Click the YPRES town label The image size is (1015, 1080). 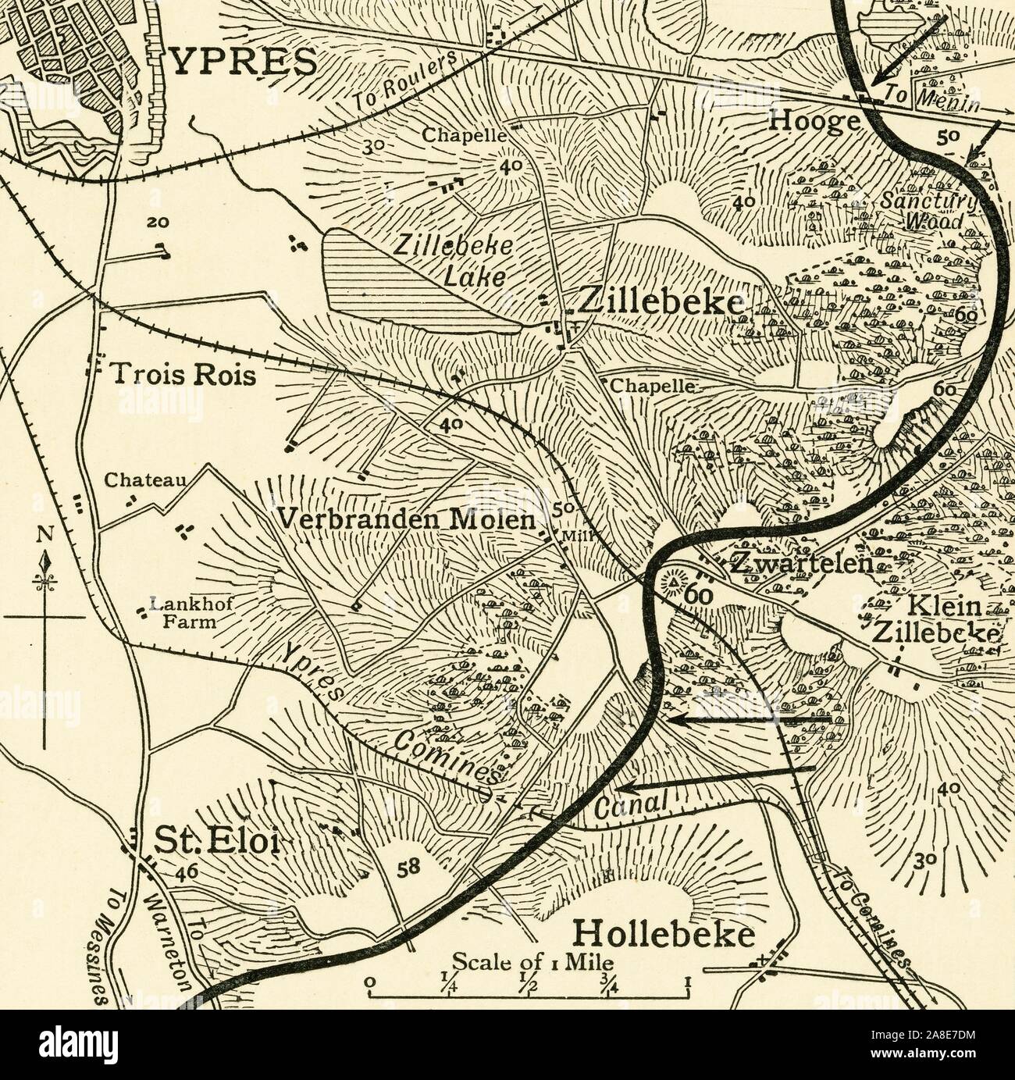tap(243, 61)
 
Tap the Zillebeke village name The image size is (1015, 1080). tap(657, 303)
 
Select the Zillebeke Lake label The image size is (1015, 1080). tap(453, 260)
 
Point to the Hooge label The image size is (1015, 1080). tap(815, 121)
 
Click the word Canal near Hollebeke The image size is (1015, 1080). tap(629, 806)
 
